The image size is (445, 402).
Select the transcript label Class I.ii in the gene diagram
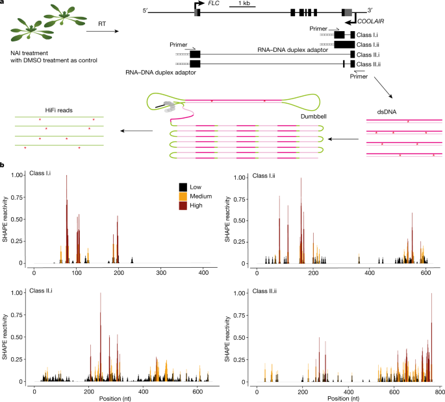click(x=372, y=44)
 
